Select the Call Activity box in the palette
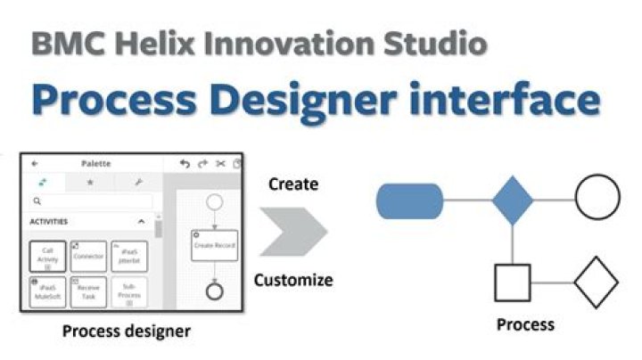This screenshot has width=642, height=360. [47, 257]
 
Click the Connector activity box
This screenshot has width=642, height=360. [88, 257]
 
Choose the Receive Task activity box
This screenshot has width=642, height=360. [88, 292]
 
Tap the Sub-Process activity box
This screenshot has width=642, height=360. [129, 293]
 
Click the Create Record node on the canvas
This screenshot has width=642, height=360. [214, 245]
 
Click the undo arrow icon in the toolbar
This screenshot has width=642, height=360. [185, 164]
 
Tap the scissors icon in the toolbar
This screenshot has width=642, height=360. [219, 164]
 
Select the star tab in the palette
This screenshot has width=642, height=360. [89, 182]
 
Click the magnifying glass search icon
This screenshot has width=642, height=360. [37, 202]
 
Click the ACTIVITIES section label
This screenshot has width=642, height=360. [49, 221]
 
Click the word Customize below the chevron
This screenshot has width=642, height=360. [293, 280]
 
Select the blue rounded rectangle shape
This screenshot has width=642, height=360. [410, 200]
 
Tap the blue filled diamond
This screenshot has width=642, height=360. [513, 200]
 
